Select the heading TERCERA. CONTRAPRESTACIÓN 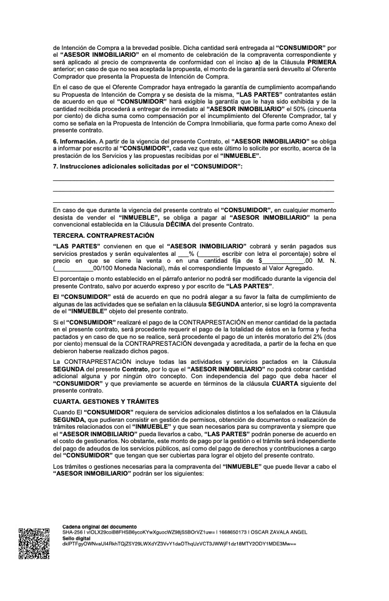coord(104,236)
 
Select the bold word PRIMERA coord(321,63)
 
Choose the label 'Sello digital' coord(77,538)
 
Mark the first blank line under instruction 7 coord(194,180)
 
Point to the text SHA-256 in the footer coord(72,532)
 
